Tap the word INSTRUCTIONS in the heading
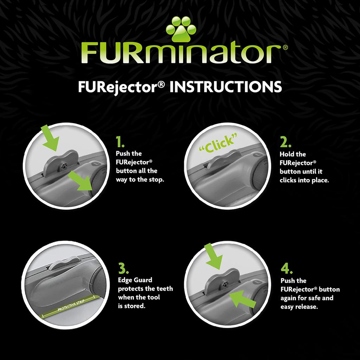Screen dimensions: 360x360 [x=225, y=87]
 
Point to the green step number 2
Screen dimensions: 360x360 [x=285, y=142]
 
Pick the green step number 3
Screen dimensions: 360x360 [x=123, y=268]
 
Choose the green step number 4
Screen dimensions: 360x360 [x=287, y=269]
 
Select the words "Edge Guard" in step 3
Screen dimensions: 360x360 [x=135, y=280]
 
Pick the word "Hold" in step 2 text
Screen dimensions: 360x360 [x=288, y=154]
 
